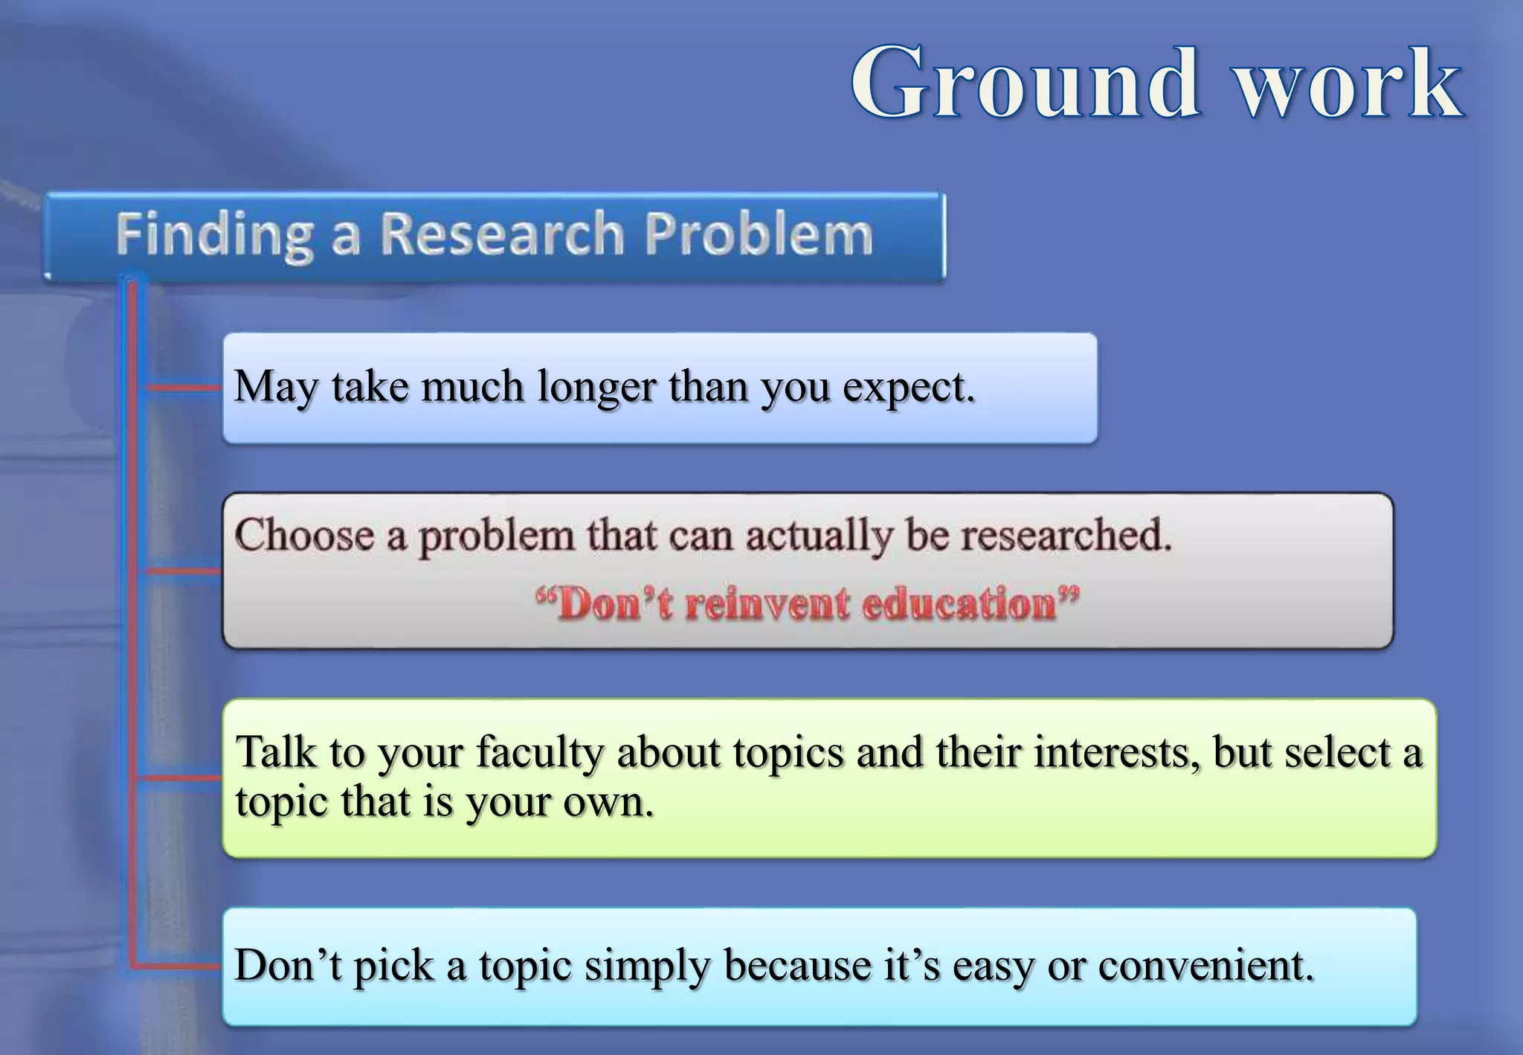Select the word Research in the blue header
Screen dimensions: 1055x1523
(x=503, y=234)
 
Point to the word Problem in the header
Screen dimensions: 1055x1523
(x=759, y=234)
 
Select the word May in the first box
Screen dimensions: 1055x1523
(x=276, y=387)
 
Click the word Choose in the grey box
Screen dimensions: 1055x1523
(x=304, y=535)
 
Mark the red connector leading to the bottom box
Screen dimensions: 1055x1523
(x=178, y=966)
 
